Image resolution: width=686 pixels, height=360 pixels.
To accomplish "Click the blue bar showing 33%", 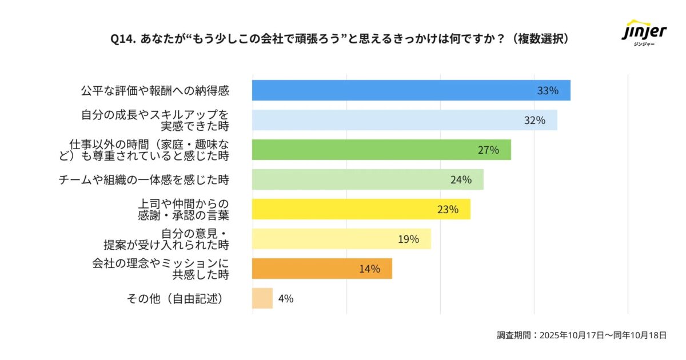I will pyautogui.click(x=411, y=90).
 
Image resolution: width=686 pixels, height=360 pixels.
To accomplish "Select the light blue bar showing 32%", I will pyautogui.click(x=404, y=120).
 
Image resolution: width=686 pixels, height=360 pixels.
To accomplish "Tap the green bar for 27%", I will pyautogui.click(x=381, y=150).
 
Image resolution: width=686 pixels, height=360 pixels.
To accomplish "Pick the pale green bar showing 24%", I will pyautogui.click(x=368, y=179).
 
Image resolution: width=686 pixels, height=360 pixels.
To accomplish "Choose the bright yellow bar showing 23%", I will pyautogui.click(x=361, y=209).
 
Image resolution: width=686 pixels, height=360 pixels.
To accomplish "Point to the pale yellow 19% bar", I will pyautogui.click(x=341, y=239).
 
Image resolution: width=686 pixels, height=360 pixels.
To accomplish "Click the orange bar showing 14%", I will pyautogui.click(x=322, y=269).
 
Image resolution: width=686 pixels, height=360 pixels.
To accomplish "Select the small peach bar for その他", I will pyautogui.click(x=262, y=298).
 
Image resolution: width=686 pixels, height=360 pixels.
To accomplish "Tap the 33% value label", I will pyautogui.click(x=548, y=90).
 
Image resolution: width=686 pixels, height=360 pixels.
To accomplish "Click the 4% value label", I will pyautogui.click(x=286, y=298).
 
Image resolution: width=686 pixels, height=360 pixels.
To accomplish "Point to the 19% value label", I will pyautogui.click(x=409, y=239).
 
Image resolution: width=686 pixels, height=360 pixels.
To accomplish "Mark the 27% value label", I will pyautogui.click(x=488, y=150).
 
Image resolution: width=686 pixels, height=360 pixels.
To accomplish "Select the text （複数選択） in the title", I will pyautogui.click(x=539, y=38).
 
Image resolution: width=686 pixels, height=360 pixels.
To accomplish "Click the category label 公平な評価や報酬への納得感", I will pyautogui.click(x=154, y=90).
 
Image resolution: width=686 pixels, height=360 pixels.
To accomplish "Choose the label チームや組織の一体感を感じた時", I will pyautogui.click(x=144, y=179).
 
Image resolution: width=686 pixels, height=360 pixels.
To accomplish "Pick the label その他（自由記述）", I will pyautogui.click(x=174, y=298).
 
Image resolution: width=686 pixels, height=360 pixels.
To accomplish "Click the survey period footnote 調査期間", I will pyautogui.click(x=581, y=335).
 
